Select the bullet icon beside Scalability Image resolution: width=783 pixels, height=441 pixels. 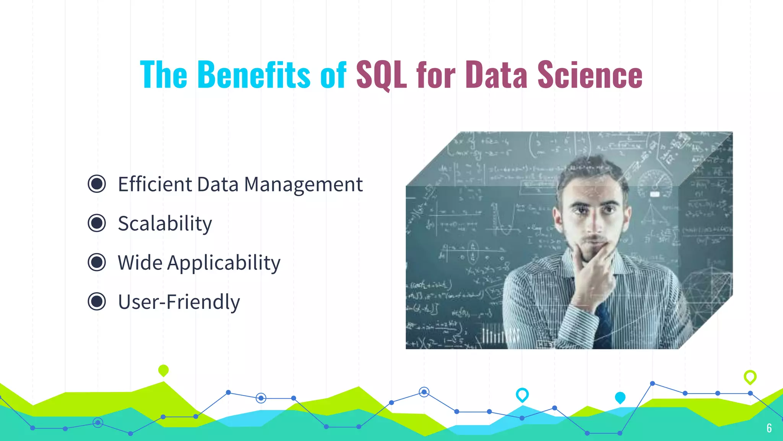(x=97, y=223)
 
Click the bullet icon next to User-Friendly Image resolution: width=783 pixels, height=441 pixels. (x=97, y=302)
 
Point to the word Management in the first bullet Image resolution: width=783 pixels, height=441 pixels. (x=303, y=185)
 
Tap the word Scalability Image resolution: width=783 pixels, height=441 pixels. (x=165, y=223)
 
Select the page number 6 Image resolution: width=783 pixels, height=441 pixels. (x=769, y=428)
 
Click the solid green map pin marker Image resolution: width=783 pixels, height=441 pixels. (x=163, y=370)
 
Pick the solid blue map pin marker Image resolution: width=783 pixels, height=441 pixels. (x=620, y=397)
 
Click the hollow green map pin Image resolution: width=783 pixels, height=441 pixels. (x=750, y=377)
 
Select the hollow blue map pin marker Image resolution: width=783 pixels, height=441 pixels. (x=522, y=394)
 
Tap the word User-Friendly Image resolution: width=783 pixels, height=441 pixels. (x=179, y=302)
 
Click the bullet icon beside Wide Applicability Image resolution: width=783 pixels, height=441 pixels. (x=97, y=263)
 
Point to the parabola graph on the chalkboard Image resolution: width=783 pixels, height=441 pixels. (x=505, y=222)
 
